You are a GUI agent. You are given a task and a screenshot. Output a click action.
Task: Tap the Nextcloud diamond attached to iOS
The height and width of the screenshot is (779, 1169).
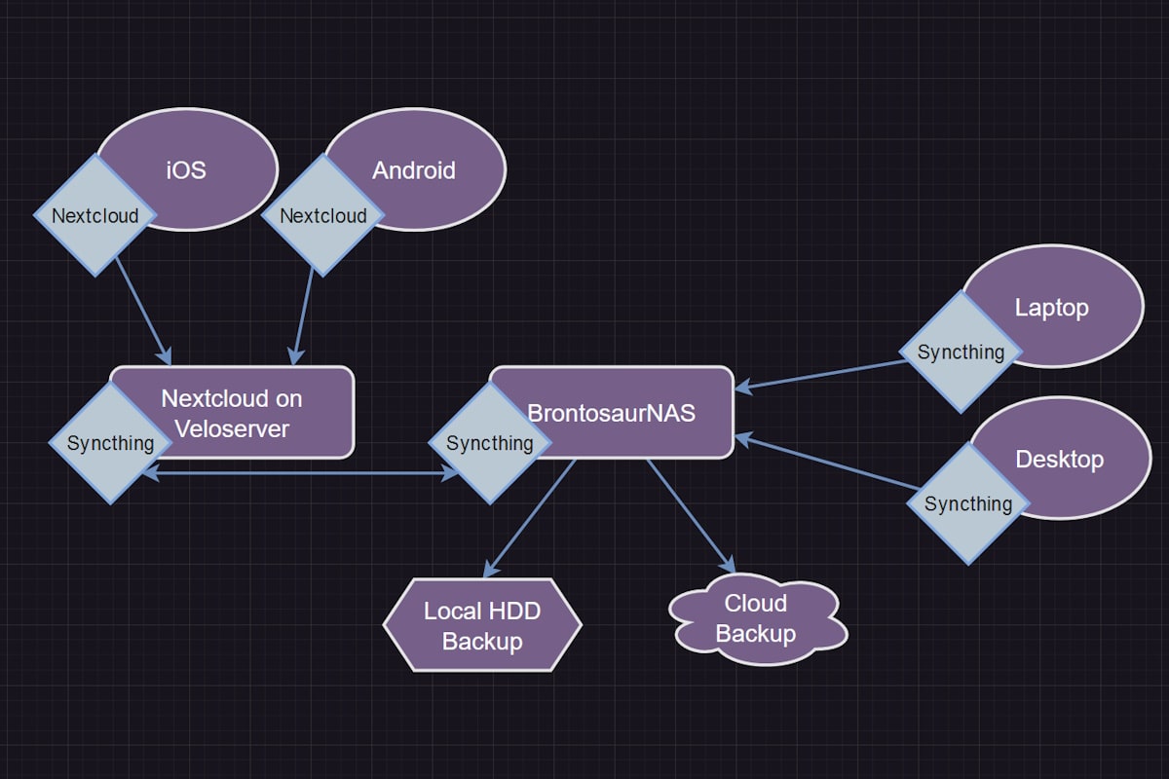(x=95, y=215)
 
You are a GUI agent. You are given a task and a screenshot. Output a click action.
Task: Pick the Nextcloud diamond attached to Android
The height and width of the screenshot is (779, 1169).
(x=323, y=215)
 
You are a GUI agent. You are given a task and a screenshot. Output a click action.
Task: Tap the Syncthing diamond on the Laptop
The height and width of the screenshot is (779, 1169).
(x=961, y=352)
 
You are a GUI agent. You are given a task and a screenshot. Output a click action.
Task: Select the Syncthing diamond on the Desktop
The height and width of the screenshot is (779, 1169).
(x=967, y=503)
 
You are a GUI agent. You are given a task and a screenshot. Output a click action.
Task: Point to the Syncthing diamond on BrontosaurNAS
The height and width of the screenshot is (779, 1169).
(x=490, y=443)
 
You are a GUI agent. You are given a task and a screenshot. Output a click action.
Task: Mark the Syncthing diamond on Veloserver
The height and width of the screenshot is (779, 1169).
(x=110, y=443)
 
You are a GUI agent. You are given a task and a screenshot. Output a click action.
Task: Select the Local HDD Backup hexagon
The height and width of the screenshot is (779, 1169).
(x=482, y=625)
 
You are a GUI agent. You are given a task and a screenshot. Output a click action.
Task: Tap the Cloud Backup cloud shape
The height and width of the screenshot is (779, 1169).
(x=756, y=619)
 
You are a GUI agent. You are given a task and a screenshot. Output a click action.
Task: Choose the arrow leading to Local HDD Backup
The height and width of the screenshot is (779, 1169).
(x=531, y=516)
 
